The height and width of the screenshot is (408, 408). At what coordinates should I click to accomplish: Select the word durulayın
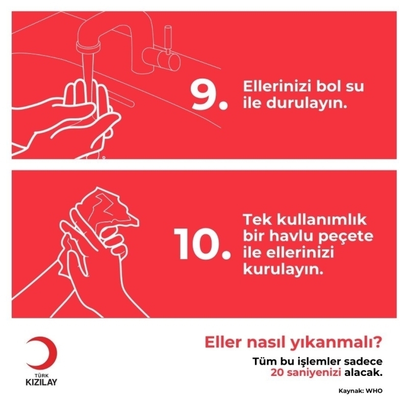click(307, 103)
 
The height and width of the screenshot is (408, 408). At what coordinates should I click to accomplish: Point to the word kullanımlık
click(322, 220)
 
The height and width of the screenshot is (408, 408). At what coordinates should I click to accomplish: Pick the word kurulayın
click(283, 270)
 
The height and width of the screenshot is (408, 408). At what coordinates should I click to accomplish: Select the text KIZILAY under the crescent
click(41, 382)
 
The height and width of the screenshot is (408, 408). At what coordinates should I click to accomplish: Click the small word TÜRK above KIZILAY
click(41, 376)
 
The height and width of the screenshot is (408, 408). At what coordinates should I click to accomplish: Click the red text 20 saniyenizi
click(305, 373)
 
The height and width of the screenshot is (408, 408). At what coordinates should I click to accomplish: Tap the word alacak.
click(364, 372)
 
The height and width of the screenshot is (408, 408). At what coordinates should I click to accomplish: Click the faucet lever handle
click(168, 39)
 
